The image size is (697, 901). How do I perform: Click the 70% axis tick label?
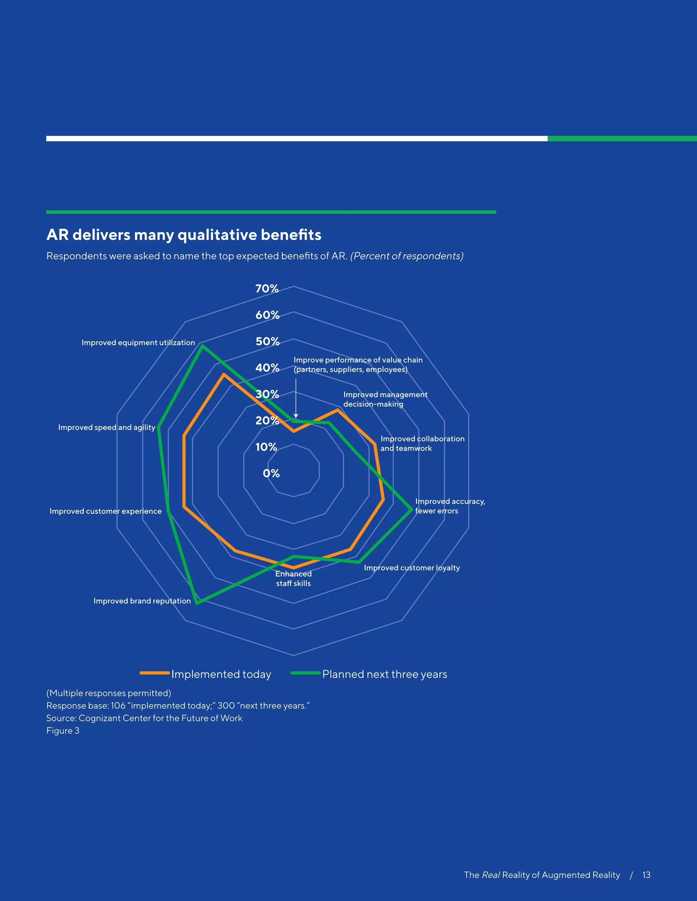tap(267, 289)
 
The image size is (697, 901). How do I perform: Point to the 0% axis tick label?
tap(271, 473)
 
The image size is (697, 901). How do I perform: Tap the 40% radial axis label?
tap(267, 368)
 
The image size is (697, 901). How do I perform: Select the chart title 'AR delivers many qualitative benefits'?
tap(184, 235)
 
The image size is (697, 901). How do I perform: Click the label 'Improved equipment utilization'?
tap(138, 342)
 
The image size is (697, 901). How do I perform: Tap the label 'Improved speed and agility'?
tap(107, 427)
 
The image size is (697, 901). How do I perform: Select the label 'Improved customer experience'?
tap(105, 511)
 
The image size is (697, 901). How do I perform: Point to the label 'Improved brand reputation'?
tap(142, 601)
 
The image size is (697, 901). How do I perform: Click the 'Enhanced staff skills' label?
tap(293, 578)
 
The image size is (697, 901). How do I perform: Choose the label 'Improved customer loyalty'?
tap(412, 568)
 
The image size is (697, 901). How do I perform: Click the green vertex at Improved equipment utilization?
tap(202, 346)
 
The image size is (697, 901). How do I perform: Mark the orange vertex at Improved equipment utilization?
tap(223, 375)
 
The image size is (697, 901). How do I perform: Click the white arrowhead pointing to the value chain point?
tap(296, 416)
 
